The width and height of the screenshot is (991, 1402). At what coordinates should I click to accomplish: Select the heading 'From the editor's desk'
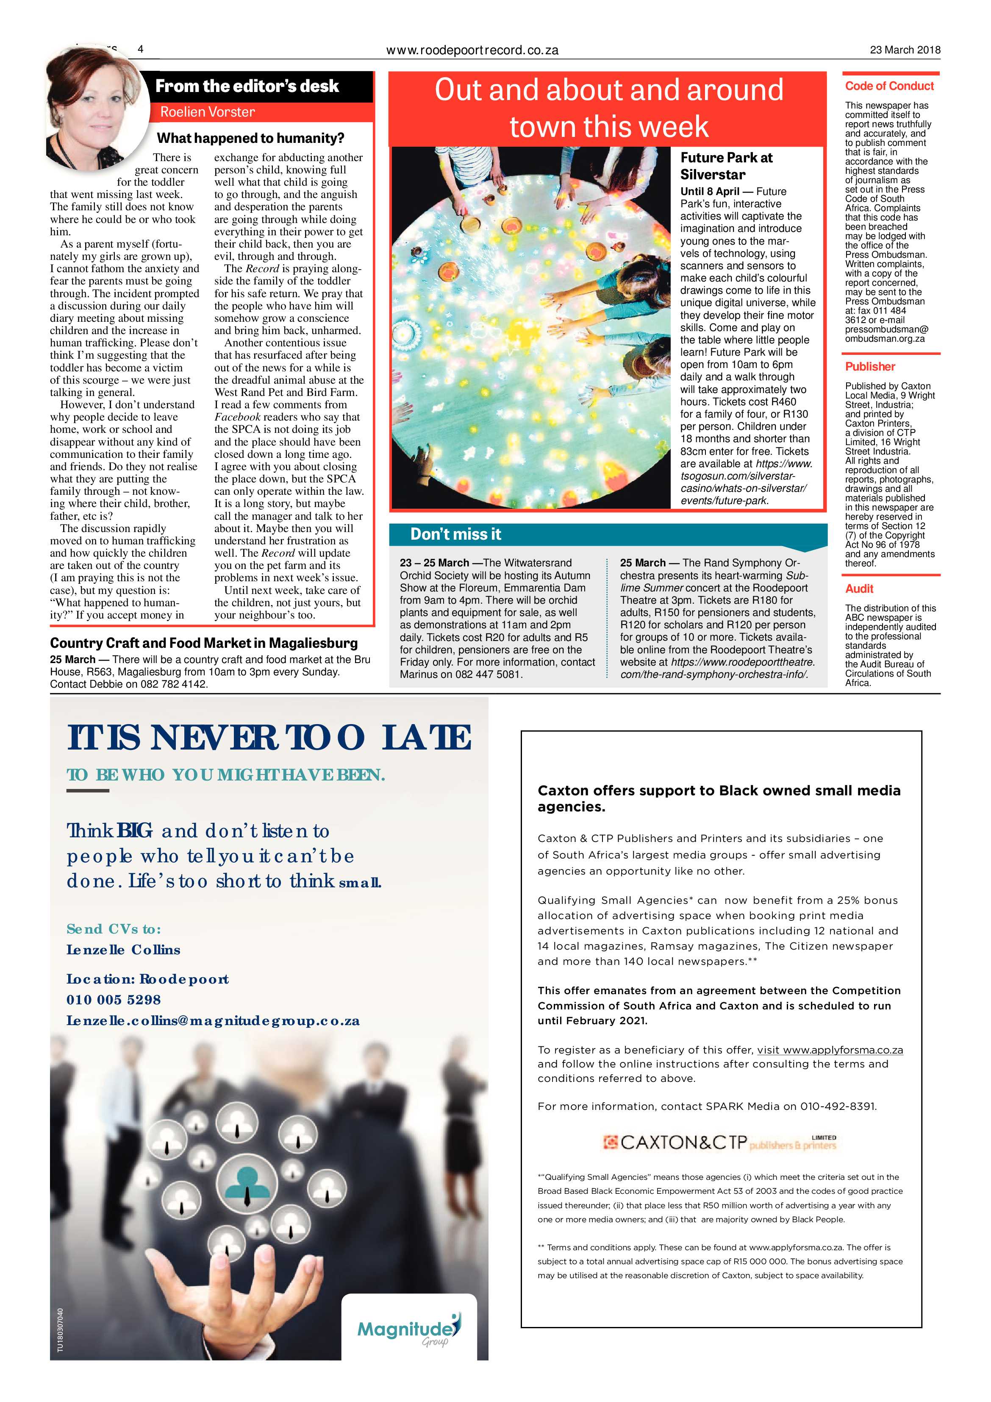tap(247, 86)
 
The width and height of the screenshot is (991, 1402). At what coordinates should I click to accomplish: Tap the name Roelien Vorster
tap(208, 112)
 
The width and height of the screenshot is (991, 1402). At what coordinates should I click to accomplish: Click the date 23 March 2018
tap(905, 50)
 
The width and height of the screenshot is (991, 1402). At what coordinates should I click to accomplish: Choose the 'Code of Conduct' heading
tap(889, 86)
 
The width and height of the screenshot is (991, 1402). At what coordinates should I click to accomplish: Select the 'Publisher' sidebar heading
tap(869, 366)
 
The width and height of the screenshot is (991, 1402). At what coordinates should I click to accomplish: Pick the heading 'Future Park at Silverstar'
tap(726, 165)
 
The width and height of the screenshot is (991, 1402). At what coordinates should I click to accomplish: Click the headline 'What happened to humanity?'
tap(251, 138)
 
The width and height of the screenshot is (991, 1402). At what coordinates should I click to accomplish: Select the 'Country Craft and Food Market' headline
tap(204, 643)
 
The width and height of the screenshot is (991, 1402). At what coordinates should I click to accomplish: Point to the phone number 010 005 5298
tap(114, 1000)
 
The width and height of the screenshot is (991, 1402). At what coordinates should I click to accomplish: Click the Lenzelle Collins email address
tap(213, 1020)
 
